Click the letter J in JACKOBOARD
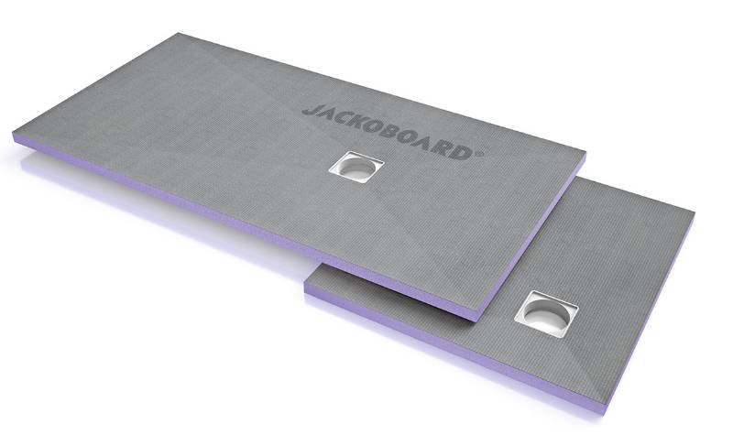(x=309, y=109)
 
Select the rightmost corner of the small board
(x=694, y=216)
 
